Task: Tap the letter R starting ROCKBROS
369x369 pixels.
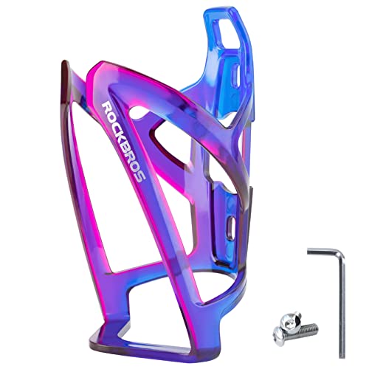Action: click(106, 106)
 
